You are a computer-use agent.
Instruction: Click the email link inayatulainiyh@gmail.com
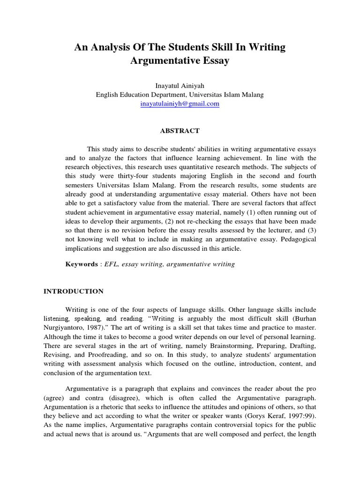click(x=180, y=104)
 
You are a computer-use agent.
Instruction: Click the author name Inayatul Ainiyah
click(x=180, y=86)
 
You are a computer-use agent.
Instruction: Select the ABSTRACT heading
click(x=180, y=131)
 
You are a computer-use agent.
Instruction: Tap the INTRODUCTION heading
click(x=74, y=291)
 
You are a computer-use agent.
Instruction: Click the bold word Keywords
click(x=81, y=264)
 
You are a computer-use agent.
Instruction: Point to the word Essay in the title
click(x=213, y=61)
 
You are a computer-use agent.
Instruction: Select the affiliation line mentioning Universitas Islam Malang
click(x=180, y=95)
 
